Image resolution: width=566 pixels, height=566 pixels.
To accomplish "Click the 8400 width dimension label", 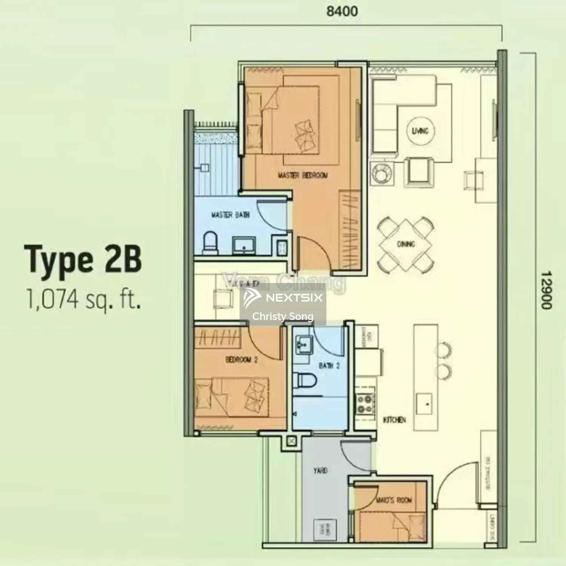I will pos(342,11).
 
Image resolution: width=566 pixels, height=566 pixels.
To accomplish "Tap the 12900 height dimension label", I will pos(546,290).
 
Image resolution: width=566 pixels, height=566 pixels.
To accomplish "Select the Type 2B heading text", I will pos(83,259).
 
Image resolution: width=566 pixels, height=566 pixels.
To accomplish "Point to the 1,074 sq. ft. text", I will pos(84,299).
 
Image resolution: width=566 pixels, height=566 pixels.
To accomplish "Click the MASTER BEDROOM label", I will pos(303,175).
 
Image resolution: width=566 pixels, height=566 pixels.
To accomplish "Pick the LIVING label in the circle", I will pos(420,131).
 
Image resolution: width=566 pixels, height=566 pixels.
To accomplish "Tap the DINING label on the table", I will pos(406,244).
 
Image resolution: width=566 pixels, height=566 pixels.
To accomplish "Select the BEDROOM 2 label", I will pos(241,360).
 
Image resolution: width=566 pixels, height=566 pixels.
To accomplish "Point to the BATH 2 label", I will pos(329,365).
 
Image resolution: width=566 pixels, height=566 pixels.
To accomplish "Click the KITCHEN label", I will pos(395,420).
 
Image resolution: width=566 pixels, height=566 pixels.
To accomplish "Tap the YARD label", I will pos(320,471).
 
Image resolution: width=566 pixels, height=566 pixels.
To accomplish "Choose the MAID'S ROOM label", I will pos(394,500).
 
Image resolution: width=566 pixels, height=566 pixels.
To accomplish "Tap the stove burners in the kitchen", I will pos(365,404).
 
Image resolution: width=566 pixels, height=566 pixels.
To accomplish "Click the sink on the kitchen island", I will pos(424,403).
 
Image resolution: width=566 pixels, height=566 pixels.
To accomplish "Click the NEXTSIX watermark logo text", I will pos(294,298).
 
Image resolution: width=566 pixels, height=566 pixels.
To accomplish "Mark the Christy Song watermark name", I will pos(283,316).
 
